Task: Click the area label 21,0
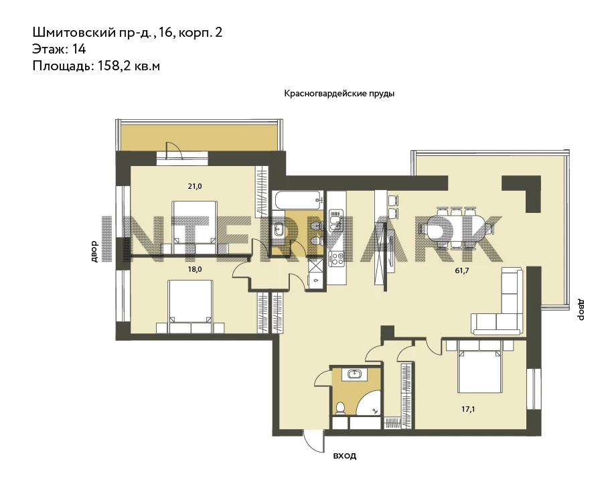point(195,186)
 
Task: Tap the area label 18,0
point(195,269)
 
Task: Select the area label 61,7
point(462,270)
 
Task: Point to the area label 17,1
point(468,409)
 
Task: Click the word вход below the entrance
point(345,456)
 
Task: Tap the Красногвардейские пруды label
point(339,94)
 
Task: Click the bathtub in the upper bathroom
point(297,200)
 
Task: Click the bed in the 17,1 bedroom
point(479,366)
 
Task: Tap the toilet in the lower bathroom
point(340,408)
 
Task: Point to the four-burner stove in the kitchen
point(336,258)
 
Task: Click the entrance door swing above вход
point(314,441)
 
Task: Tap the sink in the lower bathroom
point(355,374)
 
